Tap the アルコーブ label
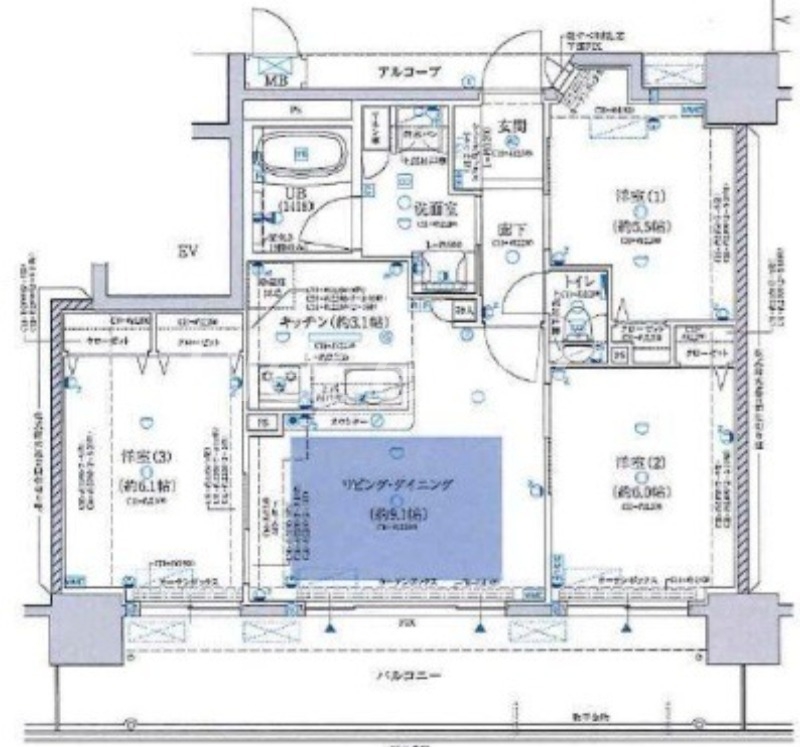click(408, 73)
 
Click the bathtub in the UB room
click(300, 155)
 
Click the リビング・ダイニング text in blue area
click(396, 483)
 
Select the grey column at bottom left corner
click(86, 625)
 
